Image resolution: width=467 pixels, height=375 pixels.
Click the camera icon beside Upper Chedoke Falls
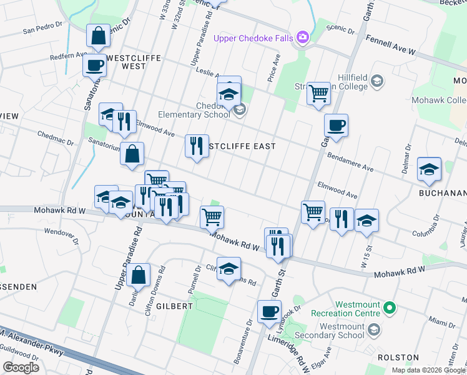click(303, 38)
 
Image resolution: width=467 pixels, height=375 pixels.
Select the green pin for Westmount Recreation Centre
click(390, 307)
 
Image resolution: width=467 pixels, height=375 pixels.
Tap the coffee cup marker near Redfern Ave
click(95, 64)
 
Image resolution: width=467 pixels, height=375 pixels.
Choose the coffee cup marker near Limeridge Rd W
click(270, 311)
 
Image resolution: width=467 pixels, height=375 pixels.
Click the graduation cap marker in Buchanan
click(429, 169)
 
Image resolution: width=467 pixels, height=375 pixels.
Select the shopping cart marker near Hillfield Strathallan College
click(318, 94)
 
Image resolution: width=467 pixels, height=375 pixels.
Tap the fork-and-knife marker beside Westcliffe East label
click(197, 146)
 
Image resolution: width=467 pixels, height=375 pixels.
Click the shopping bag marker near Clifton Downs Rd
click(139, 274)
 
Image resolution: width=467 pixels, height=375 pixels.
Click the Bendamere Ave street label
click(350, 164)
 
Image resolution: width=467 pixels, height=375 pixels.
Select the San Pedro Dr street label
click(43, 29)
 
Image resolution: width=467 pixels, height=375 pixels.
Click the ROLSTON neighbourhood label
click(398, 357)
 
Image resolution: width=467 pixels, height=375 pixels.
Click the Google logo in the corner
click(21, 367)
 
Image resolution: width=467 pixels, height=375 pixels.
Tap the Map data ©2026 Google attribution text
click(428, 370)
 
